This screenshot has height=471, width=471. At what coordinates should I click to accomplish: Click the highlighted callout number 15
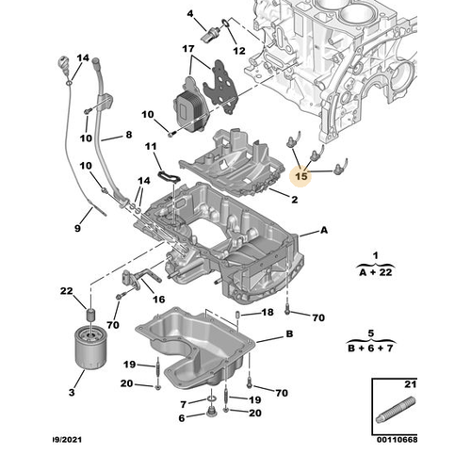click(301, 175)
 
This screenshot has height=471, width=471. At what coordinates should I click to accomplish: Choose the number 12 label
click(238, 50)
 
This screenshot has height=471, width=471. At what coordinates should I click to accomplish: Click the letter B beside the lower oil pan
click(289, 334)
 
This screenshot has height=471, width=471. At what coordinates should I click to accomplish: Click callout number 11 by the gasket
click(151, 147)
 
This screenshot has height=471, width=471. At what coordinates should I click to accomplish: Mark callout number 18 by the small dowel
click(268, 312)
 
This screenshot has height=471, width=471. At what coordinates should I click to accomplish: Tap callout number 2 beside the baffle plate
click(294, 200)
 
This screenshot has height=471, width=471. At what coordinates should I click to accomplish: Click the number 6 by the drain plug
click(185, 402)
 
